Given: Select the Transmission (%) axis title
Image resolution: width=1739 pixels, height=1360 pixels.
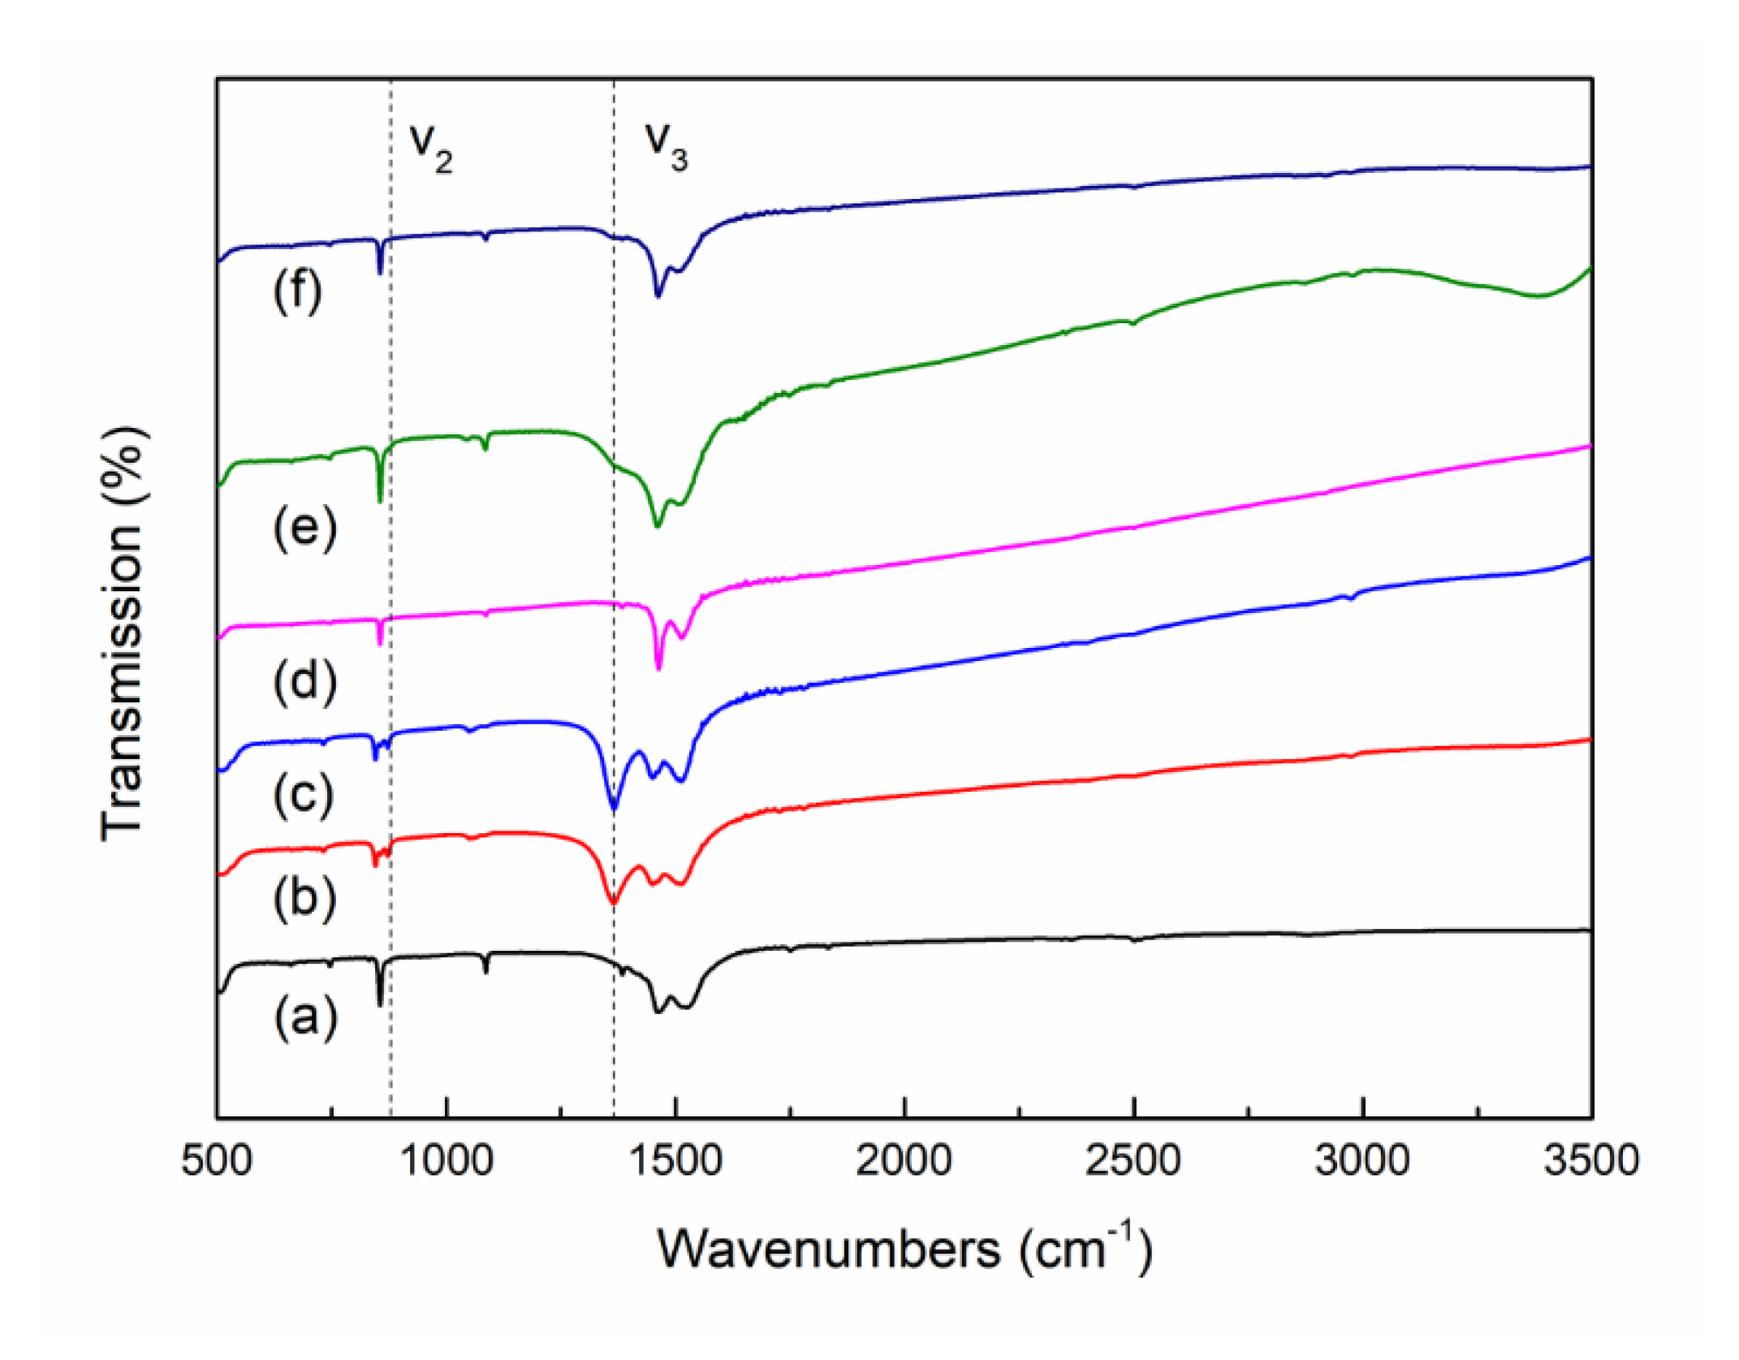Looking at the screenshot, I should click(123, 633).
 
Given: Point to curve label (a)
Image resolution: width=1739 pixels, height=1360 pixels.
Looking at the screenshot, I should click(305, 1018).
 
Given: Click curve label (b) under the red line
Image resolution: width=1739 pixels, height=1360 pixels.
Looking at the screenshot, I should click(304, 899).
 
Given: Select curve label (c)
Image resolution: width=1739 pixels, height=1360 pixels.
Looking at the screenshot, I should click(304, 796).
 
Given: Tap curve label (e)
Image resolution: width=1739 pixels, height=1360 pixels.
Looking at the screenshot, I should click(304, 529).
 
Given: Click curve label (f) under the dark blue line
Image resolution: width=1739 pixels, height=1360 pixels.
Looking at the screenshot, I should click(298, 291).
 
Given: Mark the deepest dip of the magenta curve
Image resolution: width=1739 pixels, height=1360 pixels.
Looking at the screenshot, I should click(658, 668).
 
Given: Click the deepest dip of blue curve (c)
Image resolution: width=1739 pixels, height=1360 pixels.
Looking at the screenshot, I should click(614, 809).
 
